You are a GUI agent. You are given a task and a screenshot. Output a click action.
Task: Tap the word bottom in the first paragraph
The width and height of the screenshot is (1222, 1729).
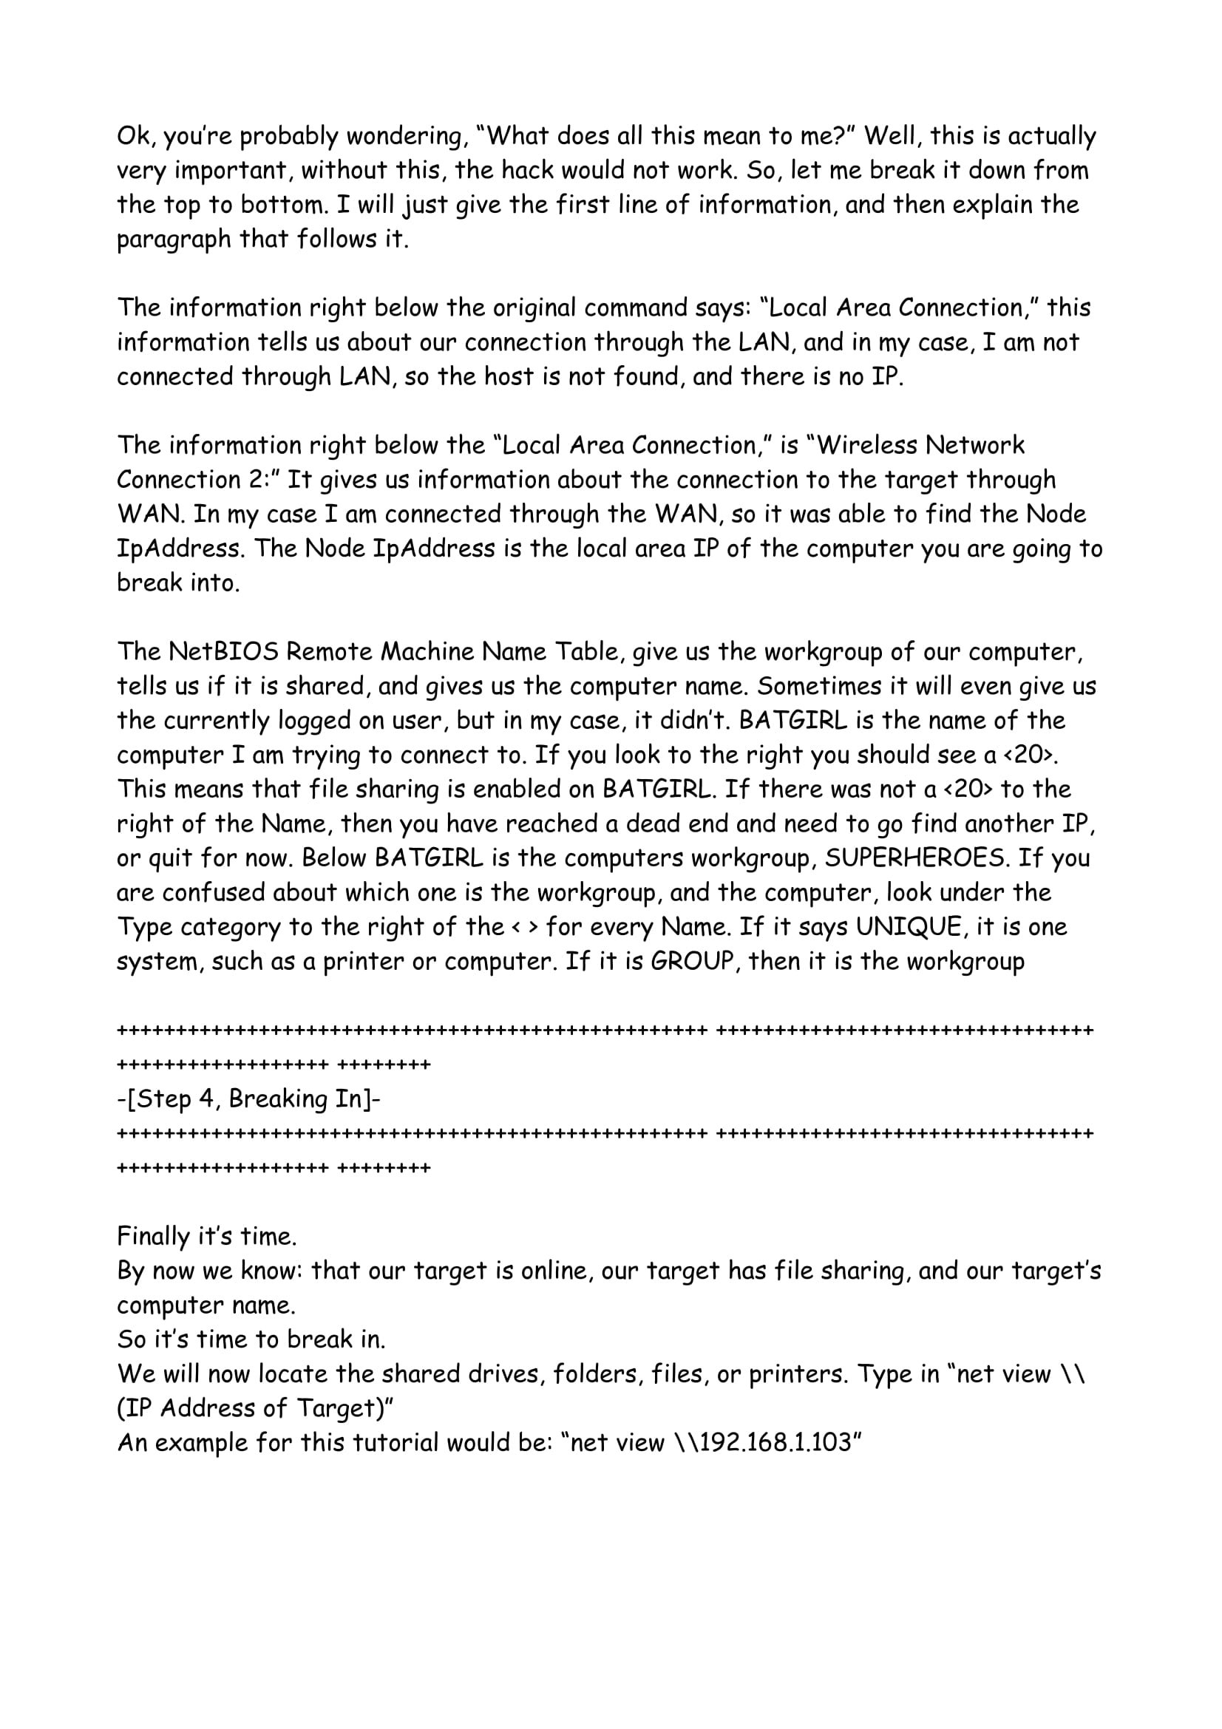coord(279,205)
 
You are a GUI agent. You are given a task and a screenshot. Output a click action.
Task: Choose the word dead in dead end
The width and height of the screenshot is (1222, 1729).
coord(641,823)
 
